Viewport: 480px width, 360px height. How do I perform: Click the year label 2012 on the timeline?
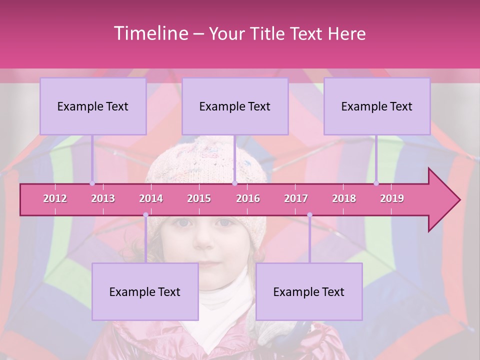[x=55, y=198]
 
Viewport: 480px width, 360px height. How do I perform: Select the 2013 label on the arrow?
[x=103, y=198]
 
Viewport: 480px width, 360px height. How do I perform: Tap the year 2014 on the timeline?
[x=151, y=198]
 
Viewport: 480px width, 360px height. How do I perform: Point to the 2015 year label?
[x=199, y=198]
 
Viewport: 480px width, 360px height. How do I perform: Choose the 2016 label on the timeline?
[x=248, y=198]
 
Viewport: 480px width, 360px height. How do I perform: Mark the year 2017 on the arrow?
[x=296, y=198]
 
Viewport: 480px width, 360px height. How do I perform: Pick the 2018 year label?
[x=344, y=198]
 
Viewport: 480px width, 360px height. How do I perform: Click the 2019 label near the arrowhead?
[x=392, y=198]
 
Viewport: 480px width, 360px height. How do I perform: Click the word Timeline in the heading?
[x=150, y=33]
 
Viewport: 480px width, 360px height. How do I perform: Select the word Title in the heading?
[x=268, y=34]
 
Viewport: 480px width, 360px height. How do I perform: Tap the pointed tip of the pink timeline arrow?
[x=458, y=200]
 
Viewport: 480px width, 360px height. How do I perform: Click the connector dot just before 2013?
[x=92, y=183]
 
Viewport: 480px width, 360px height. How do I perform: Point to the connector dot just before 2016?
[x=234, y=183]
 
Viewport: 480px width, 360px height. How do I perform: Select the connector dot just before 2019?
[x=376, y=183]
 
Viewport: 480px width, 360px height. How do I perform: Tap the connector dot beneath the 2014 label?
[x=145, y=215]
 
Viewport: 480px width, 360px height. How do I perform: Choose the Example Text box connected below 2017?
[x=309, y=291]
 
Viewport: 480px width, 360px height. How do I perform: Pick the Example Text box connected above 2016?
[x=235, y=106]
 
